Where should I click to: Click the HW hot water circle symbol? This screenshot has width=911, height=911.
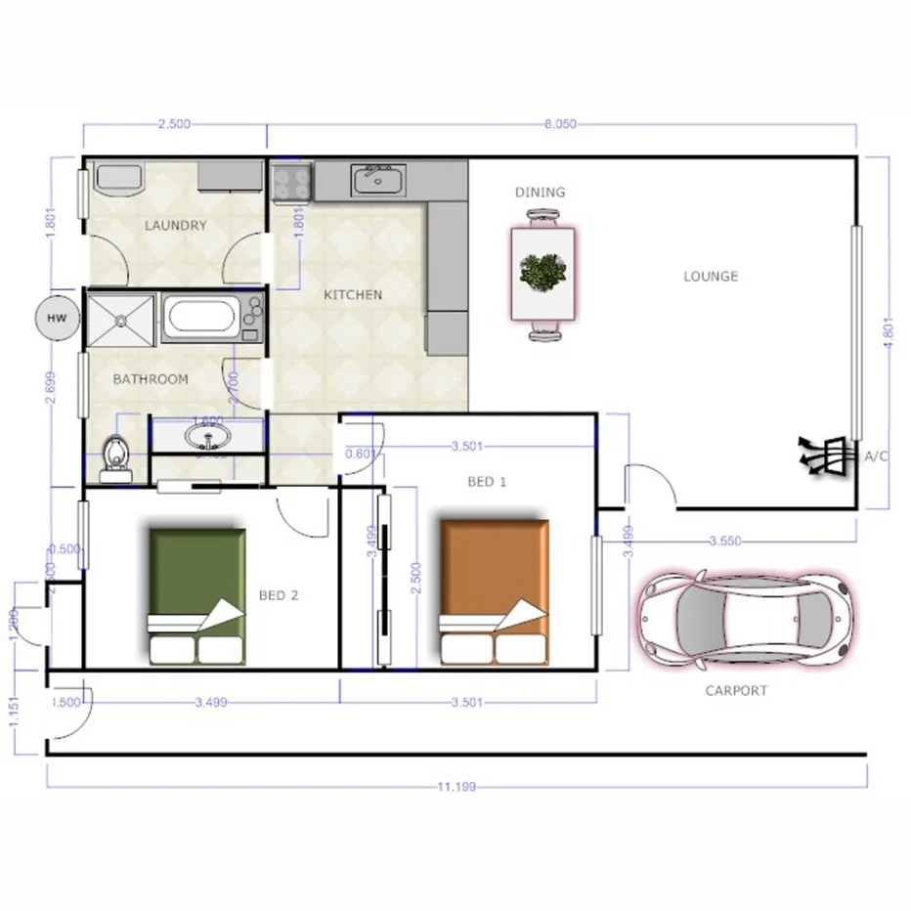58,319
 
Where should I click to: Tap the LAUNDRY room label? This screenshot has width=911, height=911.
176,225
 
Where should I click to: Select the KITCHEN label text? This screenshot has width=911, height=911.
353,294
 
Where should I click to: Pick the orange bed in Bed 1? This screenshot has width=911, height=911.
493,591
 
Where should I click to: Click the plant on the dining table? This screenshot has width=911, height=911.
542,274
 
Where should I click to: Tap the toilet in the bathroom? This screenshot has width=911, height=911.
116,455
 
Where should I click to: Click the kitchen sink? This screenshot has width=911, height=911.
376,180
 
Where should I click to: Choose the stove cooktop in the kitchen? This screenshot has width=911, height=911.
290,182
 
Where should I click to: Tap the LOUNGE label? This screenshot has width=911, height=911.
711,277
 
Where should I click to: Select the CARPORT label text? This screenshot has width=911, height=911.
736,691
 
